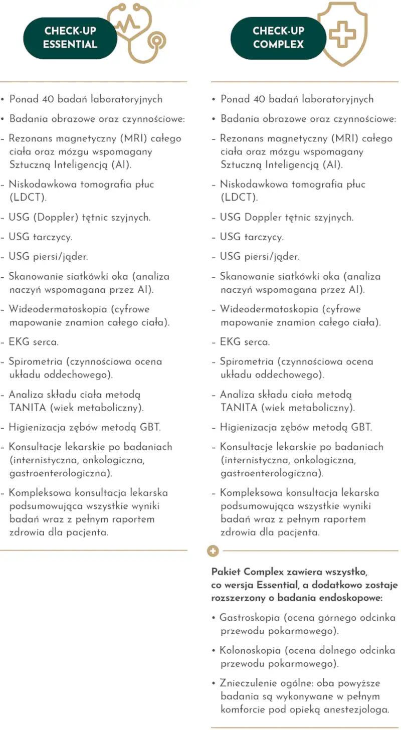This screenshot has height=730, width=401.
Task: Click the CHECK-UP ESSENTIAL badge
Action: (x=70, y=38)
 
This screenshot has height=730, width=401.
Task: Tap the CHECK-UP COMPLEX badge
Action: (x=278, y=38)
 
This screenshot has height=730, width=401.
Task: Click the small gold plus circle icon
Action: (x=214, y=551)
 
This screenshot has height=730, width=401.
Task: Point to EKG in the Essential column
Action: (x=19, y=342)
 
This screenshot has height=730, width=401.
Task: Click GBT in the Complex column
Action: (x=361, y=428)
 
